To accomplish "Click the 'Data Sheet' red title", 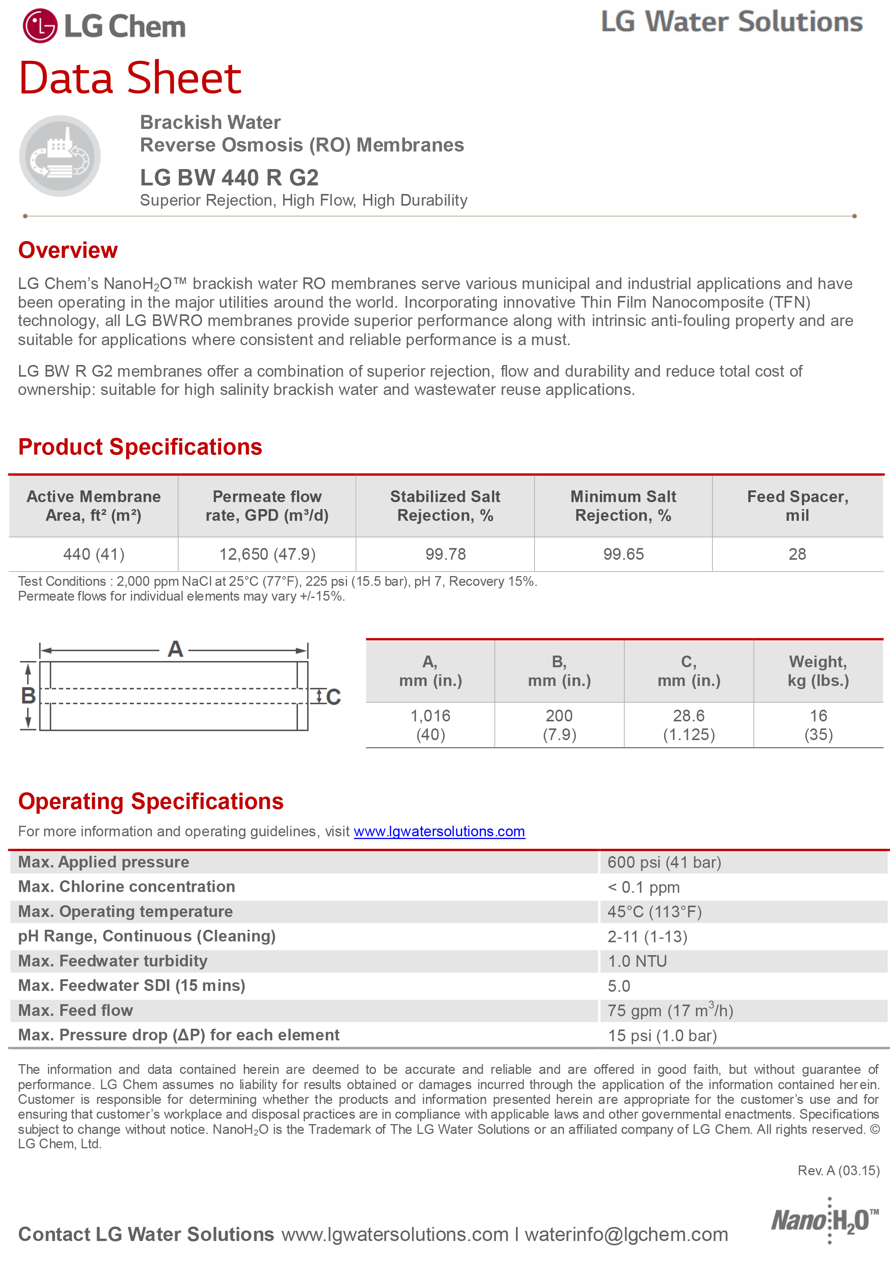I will pos(130,78).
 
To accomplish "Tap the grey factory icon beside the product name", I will pos(60,156).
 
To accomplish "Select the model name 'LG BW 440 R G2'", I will pos(229,178).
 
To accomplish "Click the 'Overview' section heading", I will pos(68,250).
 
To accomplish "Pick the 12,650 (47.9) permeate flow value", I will pos(267,554).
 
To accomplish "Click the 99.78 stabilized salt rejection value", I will pos(445,554).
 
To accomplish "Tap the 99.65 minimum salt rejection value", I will pos(624,554).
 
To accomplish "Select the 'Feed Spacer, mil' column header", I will pos(798,506).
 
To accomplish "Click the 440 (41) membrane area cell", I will pos(93,554).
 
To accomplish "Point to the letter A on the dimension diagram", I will pos(175,649).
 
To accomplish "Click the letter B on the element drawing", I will pos(28,696).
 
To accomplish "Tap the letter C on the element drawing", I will pos(333,697).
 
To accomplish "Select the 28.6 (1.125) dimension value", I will pos(689,725).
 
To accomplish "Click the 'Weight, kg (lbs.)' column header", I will pos(818,671).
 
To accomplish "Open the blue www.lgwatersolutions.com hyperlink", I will pos(440,832).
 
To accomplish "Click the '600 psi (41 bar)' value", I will pos(664,863).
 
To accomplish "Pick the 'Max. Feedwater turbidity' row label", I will pos(113,961).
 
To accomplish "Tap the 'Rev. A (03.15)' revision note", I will pos(838,1170).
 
